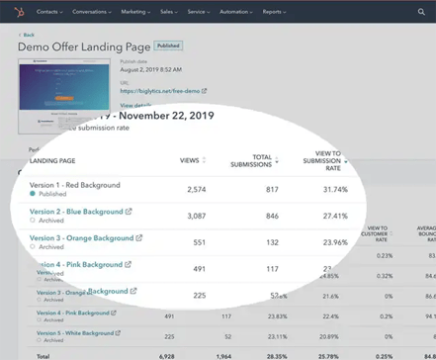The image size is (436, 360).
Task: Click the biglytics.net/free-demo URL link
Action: point(160,90)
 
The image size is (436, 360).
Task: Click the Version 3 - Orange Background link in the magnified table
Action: point(82,237)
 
